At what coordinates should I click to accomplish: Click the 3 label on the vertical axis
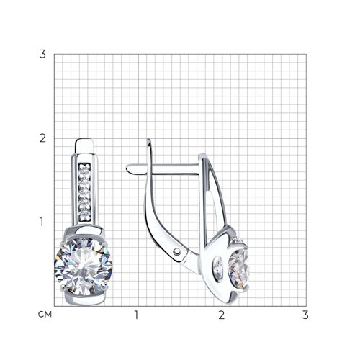coord(42,54)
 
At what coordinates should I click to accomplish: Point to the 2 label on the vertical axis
coord(42,138)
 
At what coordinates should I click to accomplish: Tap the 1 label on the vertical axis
coord(42,222)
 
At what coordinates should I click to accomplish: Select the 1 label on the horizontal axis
coord(136,315)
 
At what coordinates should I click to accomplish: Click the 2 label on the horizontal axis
coord(221,315)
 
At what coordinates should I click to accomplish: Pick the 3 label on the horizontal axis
coord(305,315)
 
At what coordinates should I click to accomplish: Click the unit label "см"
coord(45,315)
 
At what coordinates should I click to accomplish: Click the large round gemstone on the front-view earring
coord(84,266)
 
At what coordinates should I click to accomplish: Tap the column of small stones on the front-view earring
coord(84,192)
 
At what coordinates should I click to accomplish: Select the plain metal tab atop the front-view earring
coord(84,146)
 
